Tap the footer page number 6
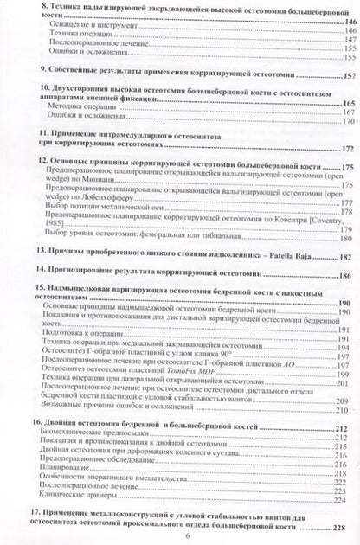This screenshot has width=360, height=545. point(179,535)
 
